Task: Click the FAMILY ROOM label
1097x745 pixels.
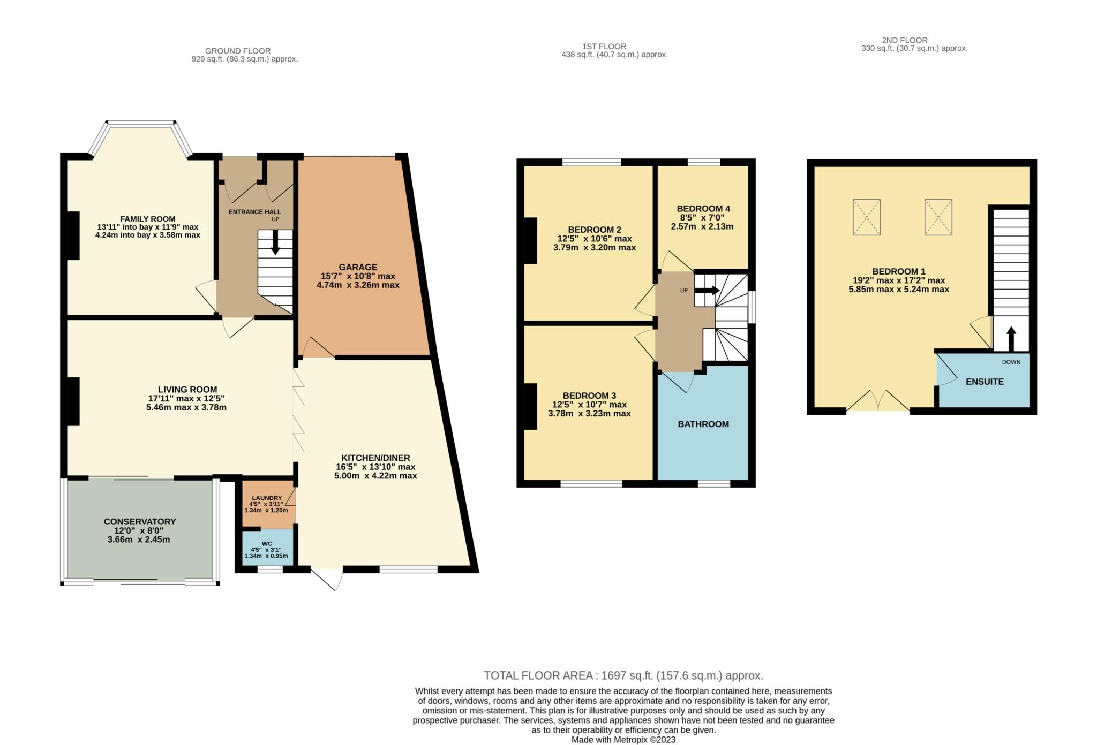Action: (x=147, y=219)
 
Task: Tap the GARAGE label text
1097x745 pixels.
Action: (x=358, y=267)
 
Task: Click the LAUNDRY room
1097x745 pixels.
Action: (x=266, y=504)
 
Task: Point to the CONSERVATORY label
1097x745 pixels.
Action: (x=140, y=521)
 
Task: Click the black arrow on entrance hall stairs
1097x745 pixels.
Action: (x=275, y=242)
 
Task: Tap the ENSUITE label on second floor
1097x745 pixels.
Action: (x=985, y=382)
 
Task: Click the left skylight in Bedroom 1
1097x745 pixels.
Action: (x=866, y=217)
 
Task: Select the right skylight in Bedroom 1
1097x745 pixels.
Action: (x=938, y=217)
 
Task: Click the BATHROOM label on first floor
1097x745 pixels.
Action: (x=703, y=424)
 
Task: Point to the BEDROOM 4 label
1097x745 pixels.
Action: (x=703, y=209)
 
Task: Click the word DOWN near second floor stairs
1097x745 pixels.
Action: (x=1011, y=362)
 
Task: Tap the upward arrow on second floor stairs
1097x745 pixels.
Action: (x=1011, y=338)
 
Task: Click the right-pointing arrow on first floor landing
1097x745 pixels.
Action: (x=708, y=291)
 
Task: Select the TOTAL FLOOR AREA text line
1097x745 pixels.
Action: (x=623, y=675)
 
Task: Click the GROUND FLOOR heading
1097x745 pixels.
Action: (x=238, y=51)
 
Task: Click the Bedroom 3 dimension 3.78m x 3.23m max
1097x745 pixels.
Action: (x=589, y=414)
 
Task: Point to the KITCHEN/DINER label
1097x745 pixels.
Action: (x=375, y=458)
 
